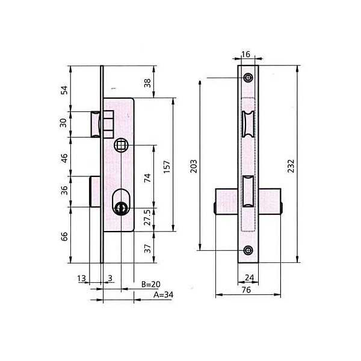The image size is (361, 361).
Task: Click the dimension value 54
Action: (x=64, y=90)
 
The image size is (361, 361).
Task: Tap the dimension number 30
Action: (x=63, y=123)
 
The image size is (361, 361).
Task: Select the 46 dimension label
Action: (x=64, y=158)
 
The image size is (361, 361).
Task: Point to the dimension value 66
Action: (x=64, y=236)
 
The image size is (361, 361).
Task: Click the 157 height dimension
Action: (x=167, y=166)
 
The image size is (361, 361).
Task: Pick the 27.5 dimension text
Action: (x=147, y=217)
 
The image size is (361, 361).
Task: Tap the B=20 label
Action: (x=151, y=285)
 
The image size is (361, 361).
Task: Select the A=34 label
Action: (x=164, y=294)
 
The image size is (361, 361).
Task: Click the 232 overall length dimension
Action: (x=291, y=166)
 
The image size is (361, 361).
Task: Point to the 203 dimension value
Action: (x=194, y=166)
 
